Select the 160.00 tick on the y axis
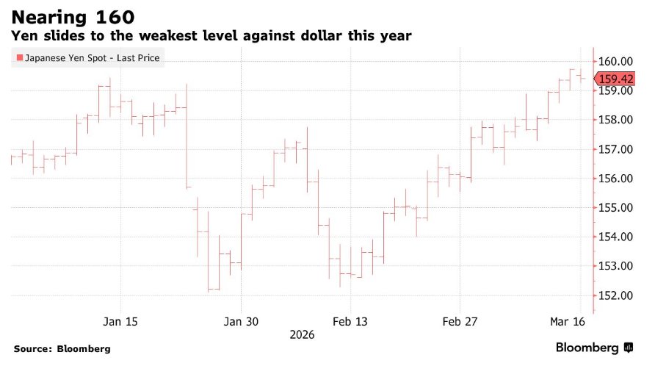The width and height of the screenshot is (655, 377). point(615,62)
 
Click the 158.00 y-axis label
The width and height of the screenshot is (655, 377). point(615,120)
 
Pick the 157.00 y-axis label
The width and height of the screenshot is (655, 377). point(615,149)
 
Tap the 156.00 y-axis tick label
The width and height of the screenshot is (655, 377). point(615,179)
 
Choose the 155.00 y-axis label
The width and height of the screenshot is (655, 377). point(615,207)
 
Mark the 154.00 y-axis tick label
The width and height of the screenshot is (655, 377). point(615,237)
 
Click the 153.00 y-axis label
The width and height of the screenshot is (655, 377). point(615,266)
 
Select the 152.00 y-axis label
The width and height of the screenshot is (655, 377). point(615,295)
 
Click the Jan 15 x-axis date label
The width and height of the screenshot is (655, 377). point(120,321)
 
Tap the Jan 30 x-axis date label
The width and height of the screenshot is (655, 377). point(242,321)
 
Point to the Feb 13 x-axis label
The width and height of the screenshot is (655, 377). point(351,321)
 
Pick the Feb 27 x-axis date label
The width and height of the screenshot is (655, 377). point(460,321)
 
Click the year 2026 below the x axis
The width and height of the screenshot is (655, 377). point(302,334)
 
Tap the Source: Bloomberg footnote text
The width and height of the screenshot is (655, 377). point(62,348)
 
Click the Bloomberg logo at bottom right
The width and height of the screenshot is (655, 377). point(594,348)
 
